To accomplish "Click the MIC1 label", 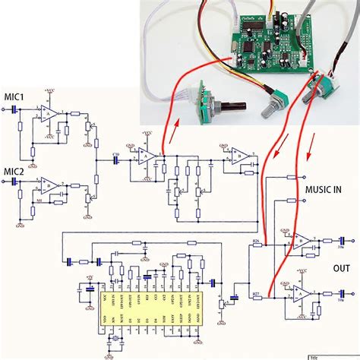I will tap(14, 98).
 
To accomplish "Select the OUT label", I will tap(341, 268).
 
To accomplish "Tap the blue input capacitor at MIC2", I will tap(16, 182).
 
